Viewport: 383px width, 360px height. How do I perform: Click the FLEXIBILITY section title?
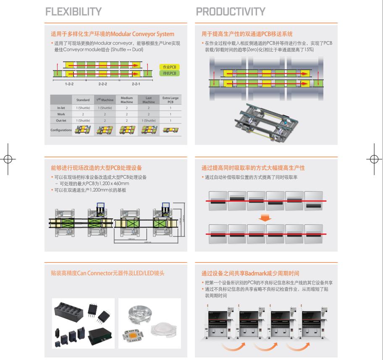[x=73, y=11]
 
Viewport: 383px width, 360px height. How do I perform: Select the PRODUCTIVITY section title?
[x=231, y=11]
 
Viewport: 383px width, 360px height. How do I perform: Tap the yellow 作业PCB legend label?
[x=169, y=67]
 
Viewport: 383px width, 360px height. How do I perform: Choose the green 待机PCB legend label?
[x=169, y=74]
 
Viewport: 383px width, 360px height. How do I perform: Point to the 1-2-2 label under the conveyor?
[x=69, y=84]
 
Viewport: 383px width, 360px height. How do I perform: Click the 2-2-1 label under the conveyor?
[x=136, y=84]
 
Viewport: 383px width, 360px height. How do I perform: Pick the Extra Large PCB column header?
[x=170, y=100]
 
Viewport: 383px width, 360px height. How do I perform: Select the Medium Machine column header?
[x=126, y=100]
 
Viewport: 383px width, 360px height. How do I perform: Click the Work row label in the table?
[x=61, y=114]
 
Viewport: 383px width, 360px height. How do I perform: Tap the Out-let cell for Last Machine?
[x=148, y=121]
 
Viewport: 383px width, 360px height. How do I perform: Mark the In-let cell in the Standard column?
[x=83, y=108]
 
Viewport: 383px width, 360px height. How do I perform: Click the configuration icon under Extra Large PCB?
[x=170, y=130]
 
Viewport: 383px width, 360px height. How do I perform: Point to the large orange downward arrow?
[x=265, y=218]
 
